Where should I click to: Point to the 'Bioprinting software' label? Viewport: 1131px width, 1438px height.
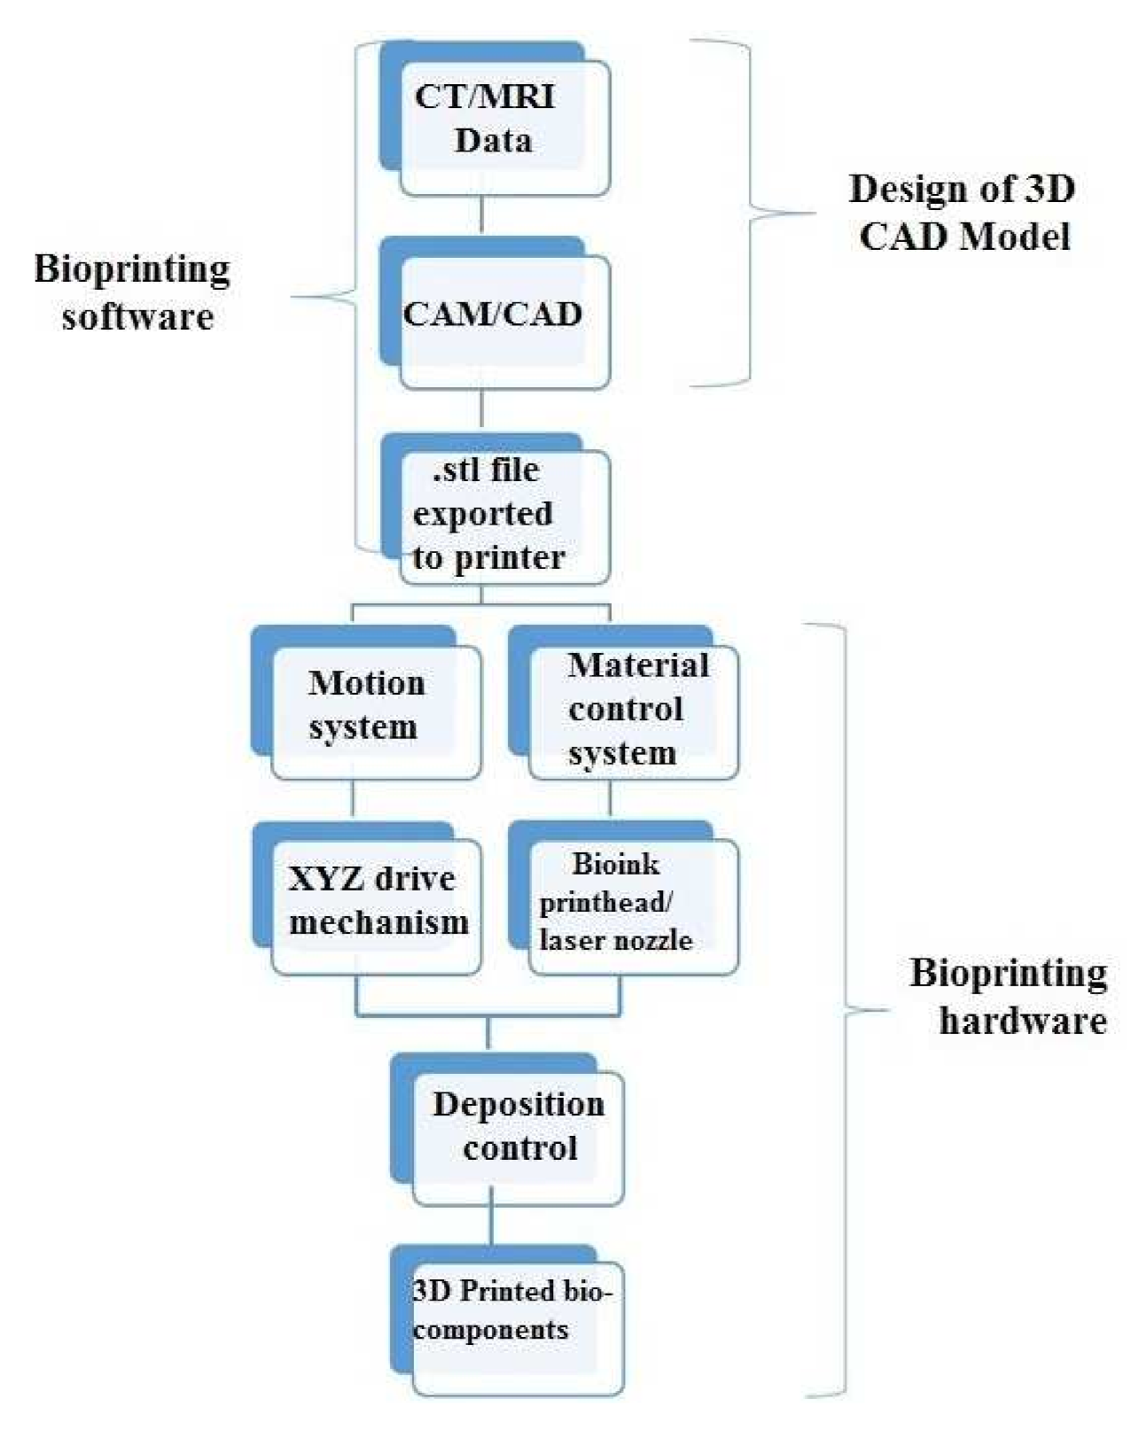(134, 292)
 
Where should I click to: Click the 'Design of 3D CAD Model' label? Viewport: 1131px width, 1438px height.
(963, 213)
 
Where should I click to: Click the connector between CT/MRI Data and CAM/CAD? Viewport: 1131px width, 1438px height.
(481, 215)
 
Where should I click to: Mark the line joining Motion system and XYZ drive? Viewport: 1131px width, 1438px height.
(353, 800)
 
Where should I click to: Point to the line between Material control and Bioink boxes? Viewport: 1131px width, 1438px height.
(610, 800)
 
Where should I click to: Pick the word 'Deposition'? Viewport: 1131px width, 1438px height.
(519, 1105)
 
